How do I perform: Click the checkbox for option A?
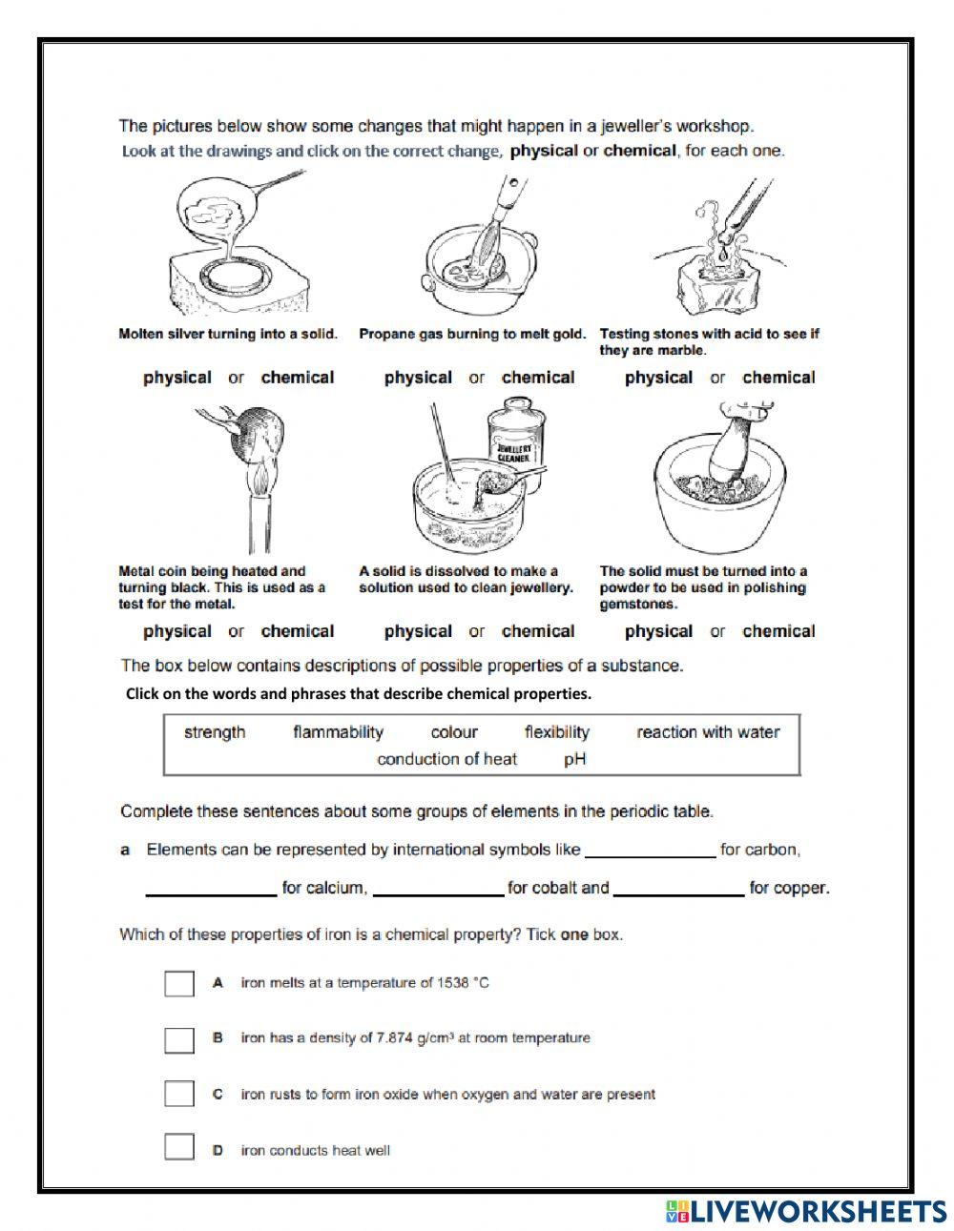pyautogui.click(x=179, y=983)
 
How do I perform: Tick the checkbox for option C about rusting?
pyautogui.click(x=179, y=1094)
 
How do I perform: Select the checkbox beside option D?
pyautogui.click(x=179, y=1148)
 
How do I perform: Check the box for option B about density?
pyautogui.click(x=179, y=1038)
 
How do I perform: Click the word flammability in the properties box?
pyautogui.click(x=338, y=732)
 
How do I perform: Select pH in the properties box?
pyautogui.click(x=574, y=759)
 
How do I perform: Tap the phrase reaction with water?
pyautogui.click(x=708, y=732)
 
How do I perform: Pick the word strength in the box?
pyautogui.click(x=215, y=732)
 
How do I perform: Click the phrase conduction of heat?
pyautogui.click(x=446, y=759)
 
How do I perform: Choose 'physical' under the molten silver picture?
pyautogui.click(x=177, y=378)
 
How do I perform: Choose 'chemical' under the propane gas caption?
pyautogui.click(x=538, y=378)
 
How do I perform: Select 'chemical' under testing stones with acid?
pyautogui.click(x=778, y=378)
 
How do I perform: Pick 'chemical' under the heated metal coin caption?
pyautogui.click(x=298, y=631)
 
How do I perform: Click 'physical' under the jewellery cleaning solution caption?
pyautogui.click(x=418, y=631)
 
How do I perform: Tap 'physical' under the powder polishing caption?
pyautogui.click(x=658, y=631)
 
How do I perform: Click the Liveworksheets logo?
pyautogui.click(x=807, y=1211)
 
